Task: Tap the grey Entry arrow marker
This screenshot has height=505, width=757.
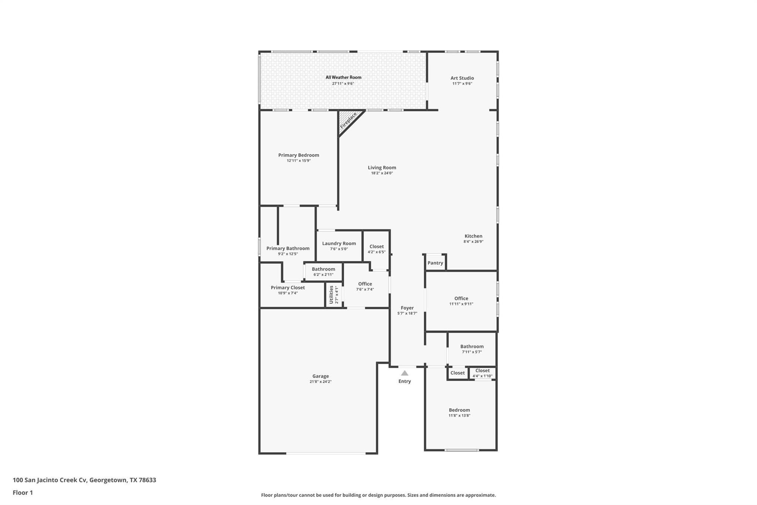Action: pyautogui.click(x=405, y=373)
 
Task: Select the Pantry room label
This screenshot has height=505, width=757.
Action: pyautogui.click(x=435, y=263)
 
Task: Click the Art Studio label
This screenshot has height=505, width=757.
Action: pyautogui.click(x=462, y=78)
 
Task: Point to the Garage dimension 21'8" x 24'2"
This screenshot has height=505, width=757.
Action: pyautogui.click(x=320, y=382)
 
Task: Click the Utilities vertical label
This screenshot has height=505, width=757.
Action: pyautogui.click(x=332, y=294)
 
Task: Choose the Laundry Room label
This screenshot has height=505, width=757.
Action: pyautogui.click(x=339, y=243)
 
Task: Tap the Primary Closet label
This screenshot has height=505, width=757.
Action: pyautogui.click(x=288, y=287)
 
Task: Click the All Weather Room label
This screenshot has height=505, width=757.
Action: pyautogui.click(x=343, y=77)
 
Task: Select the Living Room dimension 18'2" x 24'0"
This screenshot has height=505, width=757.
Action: pyautogui.click(x=382, y=173)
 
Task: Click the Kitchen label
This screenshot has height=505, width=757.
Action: pyautogui.click(x=473, y=236)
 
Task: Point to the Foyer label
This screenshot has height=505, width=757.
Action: pyautogui.click(x=407, y=308)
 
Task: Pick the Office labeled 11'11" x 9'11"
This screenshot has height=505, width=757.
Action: pyautogui.click(x=461, y=299)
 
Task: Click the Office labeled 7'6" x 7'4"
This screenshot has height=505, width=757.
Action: pyautogui.click(x=365, y=284)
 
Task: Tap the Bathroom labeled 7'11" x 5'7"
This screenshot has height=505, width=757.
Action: pyautogui.click(x=472, y=347)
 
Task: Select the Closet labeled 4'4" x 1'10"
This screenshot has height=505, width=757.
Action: pyautogui.click(x=482, y=371)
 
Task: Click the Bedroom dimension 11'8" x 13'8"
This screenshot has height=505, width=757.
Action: pyautogui.click(x=459, y=415)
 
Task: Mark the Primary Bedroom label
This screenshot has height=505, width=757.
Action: pyautogui.click(x=299, y=155)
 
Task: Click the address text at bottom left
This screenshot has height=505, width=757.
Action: pyautogui.click(x=84, y=480)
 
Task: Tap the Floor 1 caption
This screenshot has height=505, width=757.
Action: pyautogui.click(x=23, y=492)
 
